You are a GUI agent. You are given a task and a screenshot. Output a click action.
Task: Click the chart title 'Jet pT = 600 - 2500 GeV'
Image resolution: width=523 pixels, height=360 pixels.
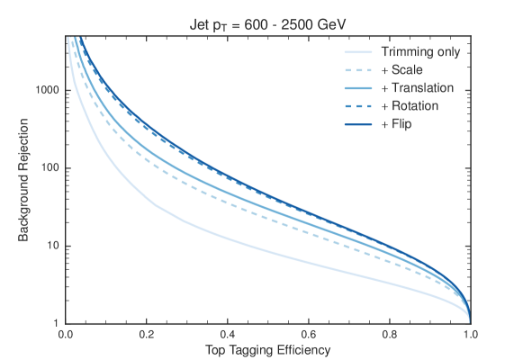(267, 23)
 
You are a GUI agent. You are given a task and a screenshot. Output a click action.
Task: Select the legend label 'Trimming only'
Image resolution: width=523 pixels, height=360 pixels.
(420, 52)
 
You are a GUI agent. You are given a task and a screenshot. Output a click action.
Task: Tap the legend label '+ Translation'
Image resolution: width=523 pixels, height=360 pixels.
(416, 88)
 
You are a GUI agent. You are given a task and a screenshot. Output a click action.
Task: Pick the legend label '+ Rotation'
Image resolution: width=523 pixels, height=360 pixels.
(409, 106)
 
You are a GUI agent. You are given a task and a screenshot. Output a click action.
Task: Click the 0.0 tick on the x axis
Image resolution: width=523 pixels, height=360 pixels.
(66, 333)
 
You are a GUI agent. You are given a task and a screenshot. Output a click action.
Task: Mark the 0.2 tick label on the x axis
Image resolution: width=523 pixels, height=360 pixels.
(147, 333)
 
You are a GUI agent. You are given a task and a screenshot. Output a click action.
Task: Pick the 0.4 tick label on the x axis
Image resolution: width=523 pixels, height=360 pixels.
(228, 333)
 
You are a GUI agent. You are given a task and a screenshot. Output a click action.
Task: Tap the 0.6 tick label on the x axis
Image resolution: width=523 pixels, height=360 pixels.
(309, 333)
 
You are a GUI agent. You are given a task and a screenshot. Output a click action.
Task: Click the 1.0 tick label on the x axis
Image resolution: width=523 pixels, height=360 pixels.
(470, 333)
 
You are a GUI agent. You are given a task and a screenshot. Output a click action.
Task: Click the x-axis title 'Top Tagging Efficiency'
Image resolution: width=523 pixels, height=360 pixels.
(267, 348)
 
